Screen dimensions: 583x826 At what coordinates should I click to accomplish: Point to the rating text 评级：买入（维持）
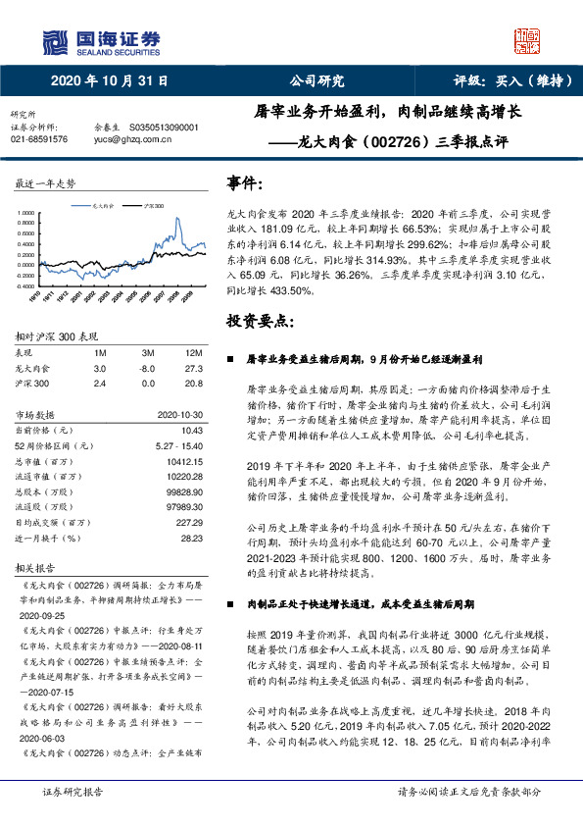[x=499, y=80]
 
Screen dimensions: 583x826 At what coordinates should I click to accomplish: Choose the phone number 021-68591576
[x=39, y=139]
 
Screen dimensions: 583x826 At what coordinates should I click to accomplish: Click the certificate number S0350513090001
[x=164, y=128]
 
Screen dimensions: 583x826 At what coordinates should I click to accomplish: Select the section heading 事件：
[x=244, y=183]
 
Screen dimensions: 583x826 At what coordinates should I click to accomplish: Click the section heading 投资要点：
[x=259, y=322]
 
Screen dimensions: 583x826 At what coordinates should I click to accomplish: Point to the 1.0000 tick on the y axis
[x=26, y=213]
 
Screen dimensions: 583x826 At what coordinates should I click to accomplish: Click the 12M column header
[x=194, y=351]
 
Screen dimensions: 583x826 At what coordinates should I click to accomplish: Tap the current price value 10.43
[x=192, y=430]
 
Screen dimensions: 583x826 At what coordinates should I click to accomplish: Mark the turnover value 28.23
[x=192, y=539]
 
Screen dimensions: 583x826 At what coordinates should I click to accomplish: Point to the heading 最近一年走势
[x=45, y=183]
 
